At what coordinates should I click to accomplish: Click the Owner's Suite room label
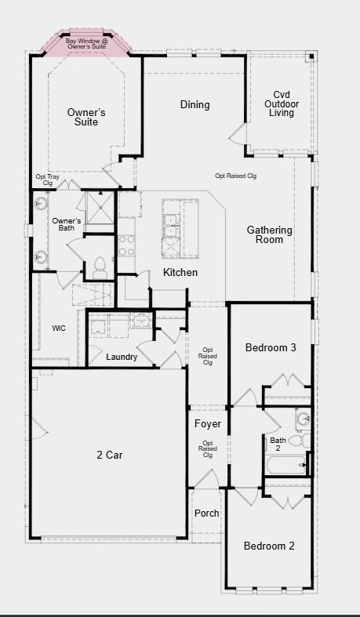(86, 117)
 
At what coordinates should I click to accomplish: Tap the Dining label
(195, 105)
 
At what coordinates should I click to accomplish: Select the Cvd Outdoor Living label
(282, 103)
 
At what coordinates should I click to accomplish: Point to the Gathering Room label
(270, 234)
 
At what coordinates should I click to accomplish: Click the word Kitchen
(180, 272)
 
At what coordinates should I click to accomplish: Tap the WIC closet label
(59, 328)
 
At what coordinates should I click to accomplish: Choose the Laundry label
(122, 357)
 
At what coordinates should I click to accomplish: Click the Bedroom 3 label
(270, 347)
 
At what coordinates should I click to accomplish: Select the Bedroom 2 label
(268, 546)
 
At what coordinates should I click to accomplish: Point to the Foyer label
(207, 424)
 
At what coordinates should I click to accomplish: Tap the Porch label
(207, 514)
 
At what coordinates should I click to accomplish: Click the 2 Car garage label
(109, 454)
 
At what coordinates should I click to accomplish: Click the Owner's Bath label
(67, 225)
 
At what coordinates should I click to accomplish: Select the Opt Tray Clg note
(47, 180)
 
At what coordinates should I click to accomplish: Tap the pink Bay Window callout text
(87, 44)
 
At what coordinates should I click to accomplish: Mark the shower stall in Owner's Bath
(100, 206)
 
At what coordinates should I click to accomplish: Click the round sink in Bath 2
(301, 421)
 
